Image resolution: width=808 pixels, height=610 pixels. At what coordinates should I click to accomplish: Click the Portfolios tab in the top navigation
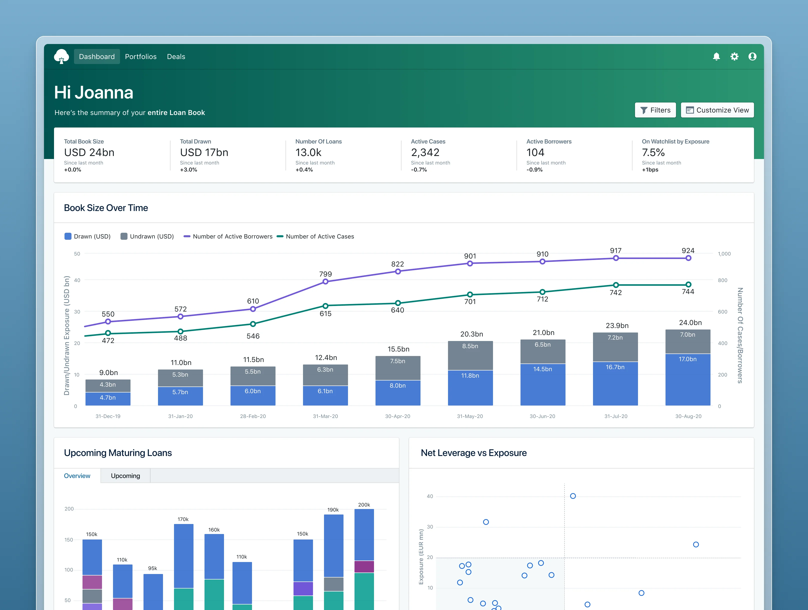tap(141, 56)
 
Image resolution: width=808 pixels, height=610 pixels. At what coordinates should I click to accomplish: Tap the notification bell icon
tap(716, 56)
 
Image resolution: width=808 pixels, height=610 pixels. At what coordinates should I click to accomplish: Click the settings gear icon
tap(734, 56)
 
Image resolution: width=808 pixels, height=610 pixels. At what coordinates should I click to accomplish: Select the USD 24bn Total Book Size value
tap(89, 152)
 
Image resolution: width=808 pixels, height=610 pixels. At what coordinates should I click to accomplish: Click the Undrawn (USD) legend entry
tap(147, 236)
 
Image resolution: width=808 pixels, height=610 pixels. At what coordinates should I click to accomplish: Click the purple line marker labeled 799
tap(325, 281)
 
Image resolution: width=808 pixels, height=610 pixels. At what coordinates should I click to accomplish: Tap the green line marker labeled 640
tap(398, 303)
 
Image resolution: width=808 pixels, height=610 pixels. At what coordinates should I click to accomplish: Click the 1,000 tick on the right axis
tap(724, 253)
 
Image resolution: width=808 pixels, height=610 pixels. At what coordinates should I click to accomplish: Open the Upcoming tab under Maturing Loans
tap(125, 475)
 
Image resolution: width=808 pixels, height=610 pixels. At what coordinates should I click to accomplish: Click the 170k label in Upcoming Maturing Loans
tap(183, 519)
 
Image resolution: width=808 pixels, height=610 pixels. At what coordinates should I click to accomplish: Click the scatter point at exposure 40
tap(573, 496)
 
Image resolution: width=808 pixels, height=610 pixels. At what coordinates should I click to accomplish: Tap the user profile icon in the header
tap(752, 56)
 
